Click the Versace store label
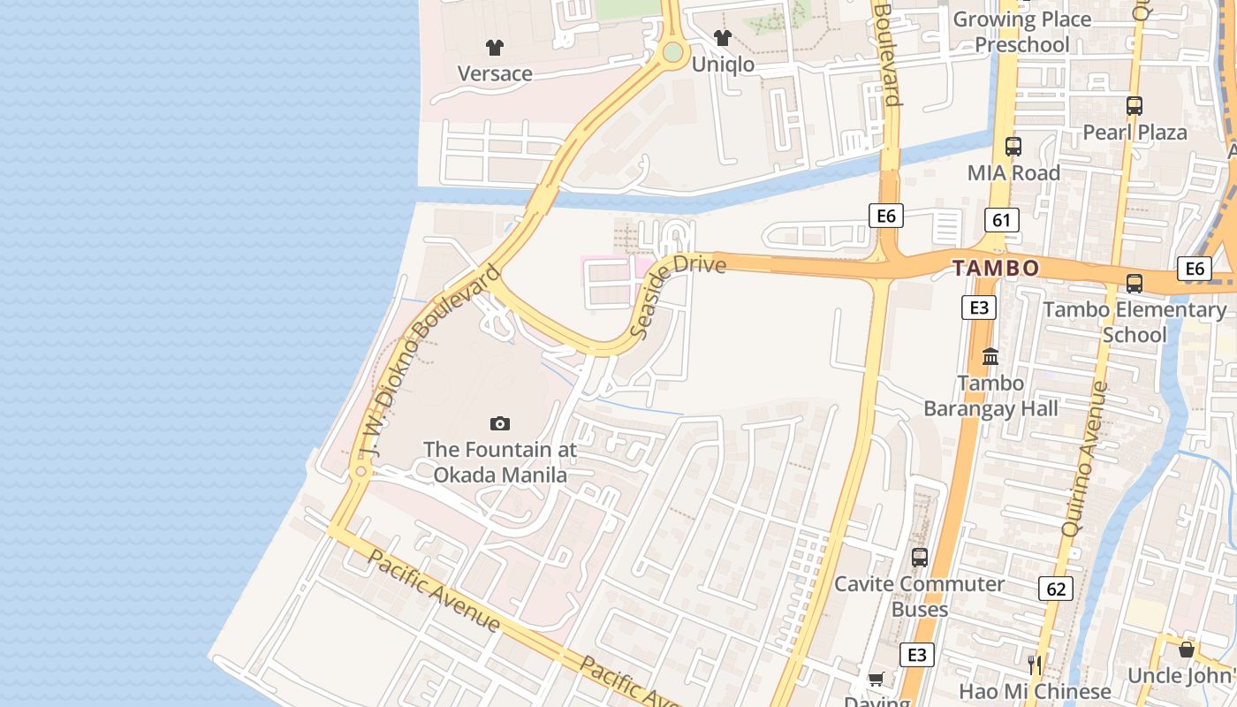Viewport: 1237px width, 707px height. pos(494,73)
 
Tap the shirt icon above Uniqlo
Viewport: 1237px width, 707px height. pos(723,38)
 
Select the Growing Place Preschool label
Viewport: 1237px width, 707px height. pos(1021,32)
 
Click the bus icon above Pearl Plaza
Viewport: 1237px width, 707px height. pos(1135,106)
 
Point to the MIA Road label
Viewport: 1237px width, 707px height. pos(1013,173)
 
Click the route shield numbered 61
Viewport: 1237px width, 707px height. pos(1001,220)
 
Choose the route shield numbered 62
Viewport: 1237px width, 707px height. pos(1056,589)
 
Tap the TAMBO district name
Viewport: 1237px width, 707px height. pos(996,268)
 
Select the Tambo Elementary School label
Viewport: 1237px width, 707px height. pos(1135,322)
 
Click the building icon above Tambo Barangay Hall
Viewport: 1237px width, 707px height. pos(990,357)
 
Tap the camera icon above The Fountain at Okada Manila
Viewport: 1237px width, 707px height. pos(500,424)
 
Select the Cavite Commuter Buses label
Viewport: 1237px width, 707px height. pos(920,597)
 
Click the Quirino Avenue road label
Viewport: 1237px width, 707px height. pos(1083,459)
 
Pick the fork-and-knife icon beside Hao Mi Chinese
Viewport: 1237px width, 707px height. pos(1035,665)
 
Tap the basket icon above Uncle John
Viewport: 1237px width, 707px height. pos(1187,650)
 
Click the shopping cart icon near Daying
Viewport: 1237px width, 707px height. pos(876,680)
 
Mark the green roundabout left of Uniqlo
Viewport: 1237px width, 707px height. pos(673,52)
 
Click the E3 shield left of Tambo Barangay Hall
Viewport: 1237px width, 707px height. pos(978,308)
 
